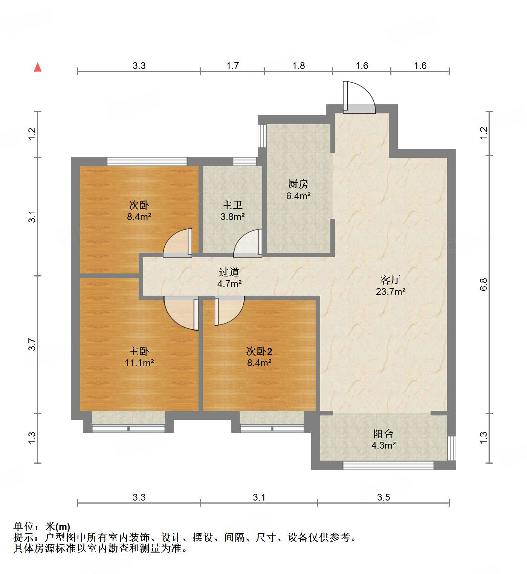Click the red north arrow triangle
(x=38, y=67)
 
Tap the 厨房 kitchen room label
(x=298, y=184)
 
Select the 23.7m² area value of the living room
(x=391, y=292)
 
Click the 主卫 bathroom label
(x=232, y=205)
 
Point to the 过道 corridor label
(x=229, y=272)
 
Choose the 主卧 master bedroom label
(x=139, y=351)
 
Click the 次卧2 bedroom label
(x=259, y=351)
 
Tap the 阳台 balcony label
(x=383, y=434)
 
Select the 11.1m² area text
(x=139, y=363)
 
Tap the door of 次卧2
(x=229, y=310)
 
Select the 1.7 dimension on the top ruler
(x=232, y=66)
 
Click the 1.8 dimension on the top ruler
(x=298, y=66)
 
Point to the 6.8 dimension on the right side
(x=484, y=284)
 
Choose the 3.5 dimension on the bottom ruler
(x=383, y=497)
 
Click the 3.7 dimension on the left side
(x=32, y=345)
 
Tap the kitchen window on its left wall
(x=262, y=136)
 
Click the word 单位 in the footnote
(x=24, y=526)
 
